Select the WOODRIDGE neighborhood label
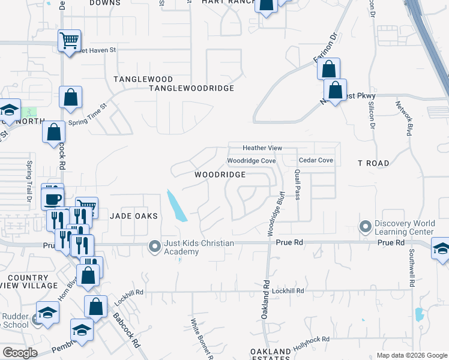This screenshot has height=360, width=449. (220, 175)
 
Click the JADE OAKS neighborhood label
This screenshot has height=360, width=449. (133, 216)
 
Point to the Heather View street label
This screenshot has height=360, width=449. (262, 148)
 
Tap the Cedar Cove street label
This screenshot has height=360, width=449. (316, 161)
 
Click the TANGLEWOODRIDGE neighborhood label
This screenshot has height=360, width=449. (191, 88)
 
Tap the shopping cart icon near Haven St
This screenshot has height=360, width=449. (70, 41)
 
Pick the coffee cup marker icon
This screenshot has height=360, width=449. (53, 199)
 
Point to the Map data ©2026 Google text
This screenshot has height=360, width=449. (412, 356)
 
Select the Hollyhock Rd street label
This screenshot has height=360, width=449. (312, 343)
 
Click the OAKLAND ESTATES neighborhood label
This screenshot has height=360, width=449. (271, 355)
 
